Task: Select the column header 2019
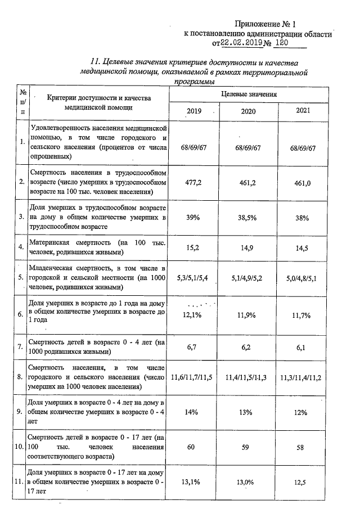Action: point(193,111)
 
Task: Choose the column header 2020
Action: point(248,111)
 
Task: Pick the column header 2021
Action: point(303,110)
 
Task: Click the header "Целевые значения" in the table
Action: point(248,94)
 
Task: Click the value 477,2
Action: point(193,183)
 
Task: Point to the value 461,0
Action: point(303,183)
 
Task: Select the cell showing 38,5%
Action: point(248,219)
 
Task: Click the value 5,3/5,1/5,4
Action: point(193,277)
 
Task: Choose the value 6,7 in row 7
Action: point(193,348)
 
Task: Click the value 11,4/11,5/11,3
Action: point(248,377)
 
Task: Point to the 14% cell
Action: point(193,412)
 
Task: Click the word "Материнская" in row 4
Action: point(51,242)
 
